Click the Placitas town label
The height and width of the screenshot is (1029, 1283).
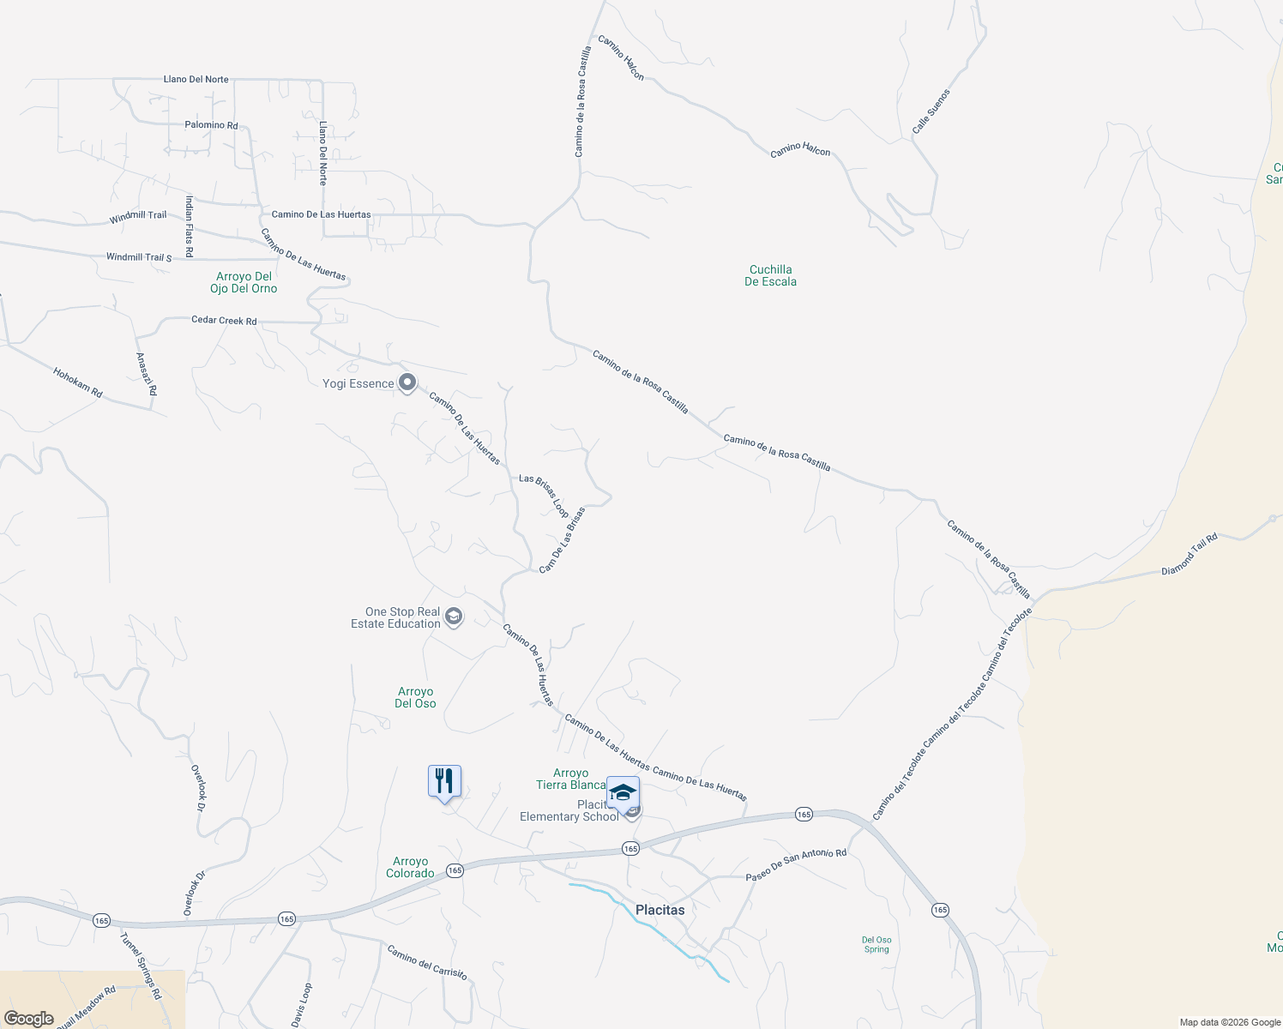tap(660, 910)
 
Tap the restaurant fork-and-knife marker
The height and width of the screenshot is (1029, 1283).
tap(444, 782)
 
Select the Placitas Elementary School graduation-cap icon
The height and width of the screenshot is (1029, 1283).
tap(623, 793)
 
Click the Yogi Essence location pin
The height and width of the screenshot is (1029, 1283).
tap(407, 382)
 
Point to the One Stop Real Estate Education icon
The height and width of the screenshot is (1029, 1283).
tap(454, 617)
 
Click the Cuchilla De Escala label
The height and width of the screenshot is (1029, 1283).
tap(770, 275)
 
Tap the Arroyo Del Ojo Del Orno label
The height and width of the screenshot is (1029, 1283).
tap(244, 282)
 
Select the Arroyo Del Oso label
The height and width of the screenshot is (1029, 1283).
tap(415, 697)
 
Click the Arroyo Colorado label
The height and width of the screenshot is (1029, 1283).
tap(410, 867)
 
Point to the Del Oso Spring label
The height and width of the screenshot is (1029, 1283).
tap(876, 944)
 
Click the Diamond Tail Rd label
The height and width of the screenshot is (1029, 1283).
tap(1190, 555)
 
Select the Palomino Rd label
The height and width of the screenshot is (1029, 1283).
tap(211, 125)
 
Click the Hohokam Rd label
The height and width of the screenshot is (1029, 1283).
tap(77, 382)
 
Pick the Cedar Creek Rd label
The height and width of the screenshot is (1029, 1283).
tap(224, 321)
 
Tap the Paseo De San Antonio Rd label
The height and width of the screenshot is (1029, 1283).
tap(796, 865)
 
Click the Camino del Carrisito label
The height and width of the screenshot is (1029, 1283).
tap(427, 962)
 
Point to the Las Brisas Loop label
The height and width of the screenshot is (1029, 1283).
tap(544, 496)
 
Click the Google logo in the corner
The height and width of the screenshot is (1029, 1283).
tap(29, 1019)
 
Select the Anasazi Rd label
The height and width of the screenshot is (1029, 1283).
tap(147, 374)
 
